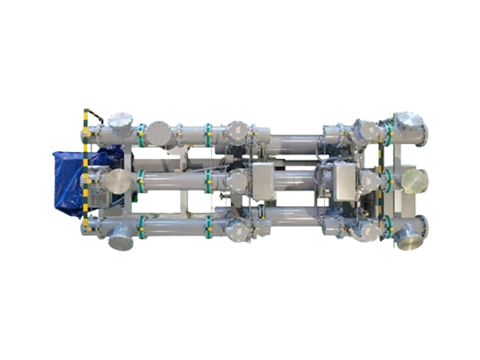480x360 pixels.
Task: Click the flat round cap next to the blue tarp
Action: click(118, 181)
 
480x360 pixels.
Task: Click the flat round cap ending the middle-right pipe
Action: click(414, 181)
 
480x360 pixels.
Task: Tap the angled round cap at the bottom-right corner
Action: click(409, 234)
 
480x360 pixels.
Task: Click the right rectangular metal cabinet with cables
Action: click(344, 179)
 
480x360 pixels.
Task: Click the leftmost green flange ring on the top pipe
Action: click(141, 132)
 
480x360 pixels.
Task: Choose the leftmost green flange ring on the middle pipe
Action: click(141, 182)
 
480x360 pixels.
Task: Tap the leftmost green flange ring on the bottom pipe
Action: click(142, 233)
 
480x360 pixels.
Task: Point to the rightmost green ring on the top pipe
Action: click(387, 132)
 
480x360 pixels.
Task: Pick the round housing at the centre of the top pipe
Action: click(237, 132)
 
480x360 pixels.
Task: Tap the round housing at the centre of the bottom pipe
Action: click(238, 230)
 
